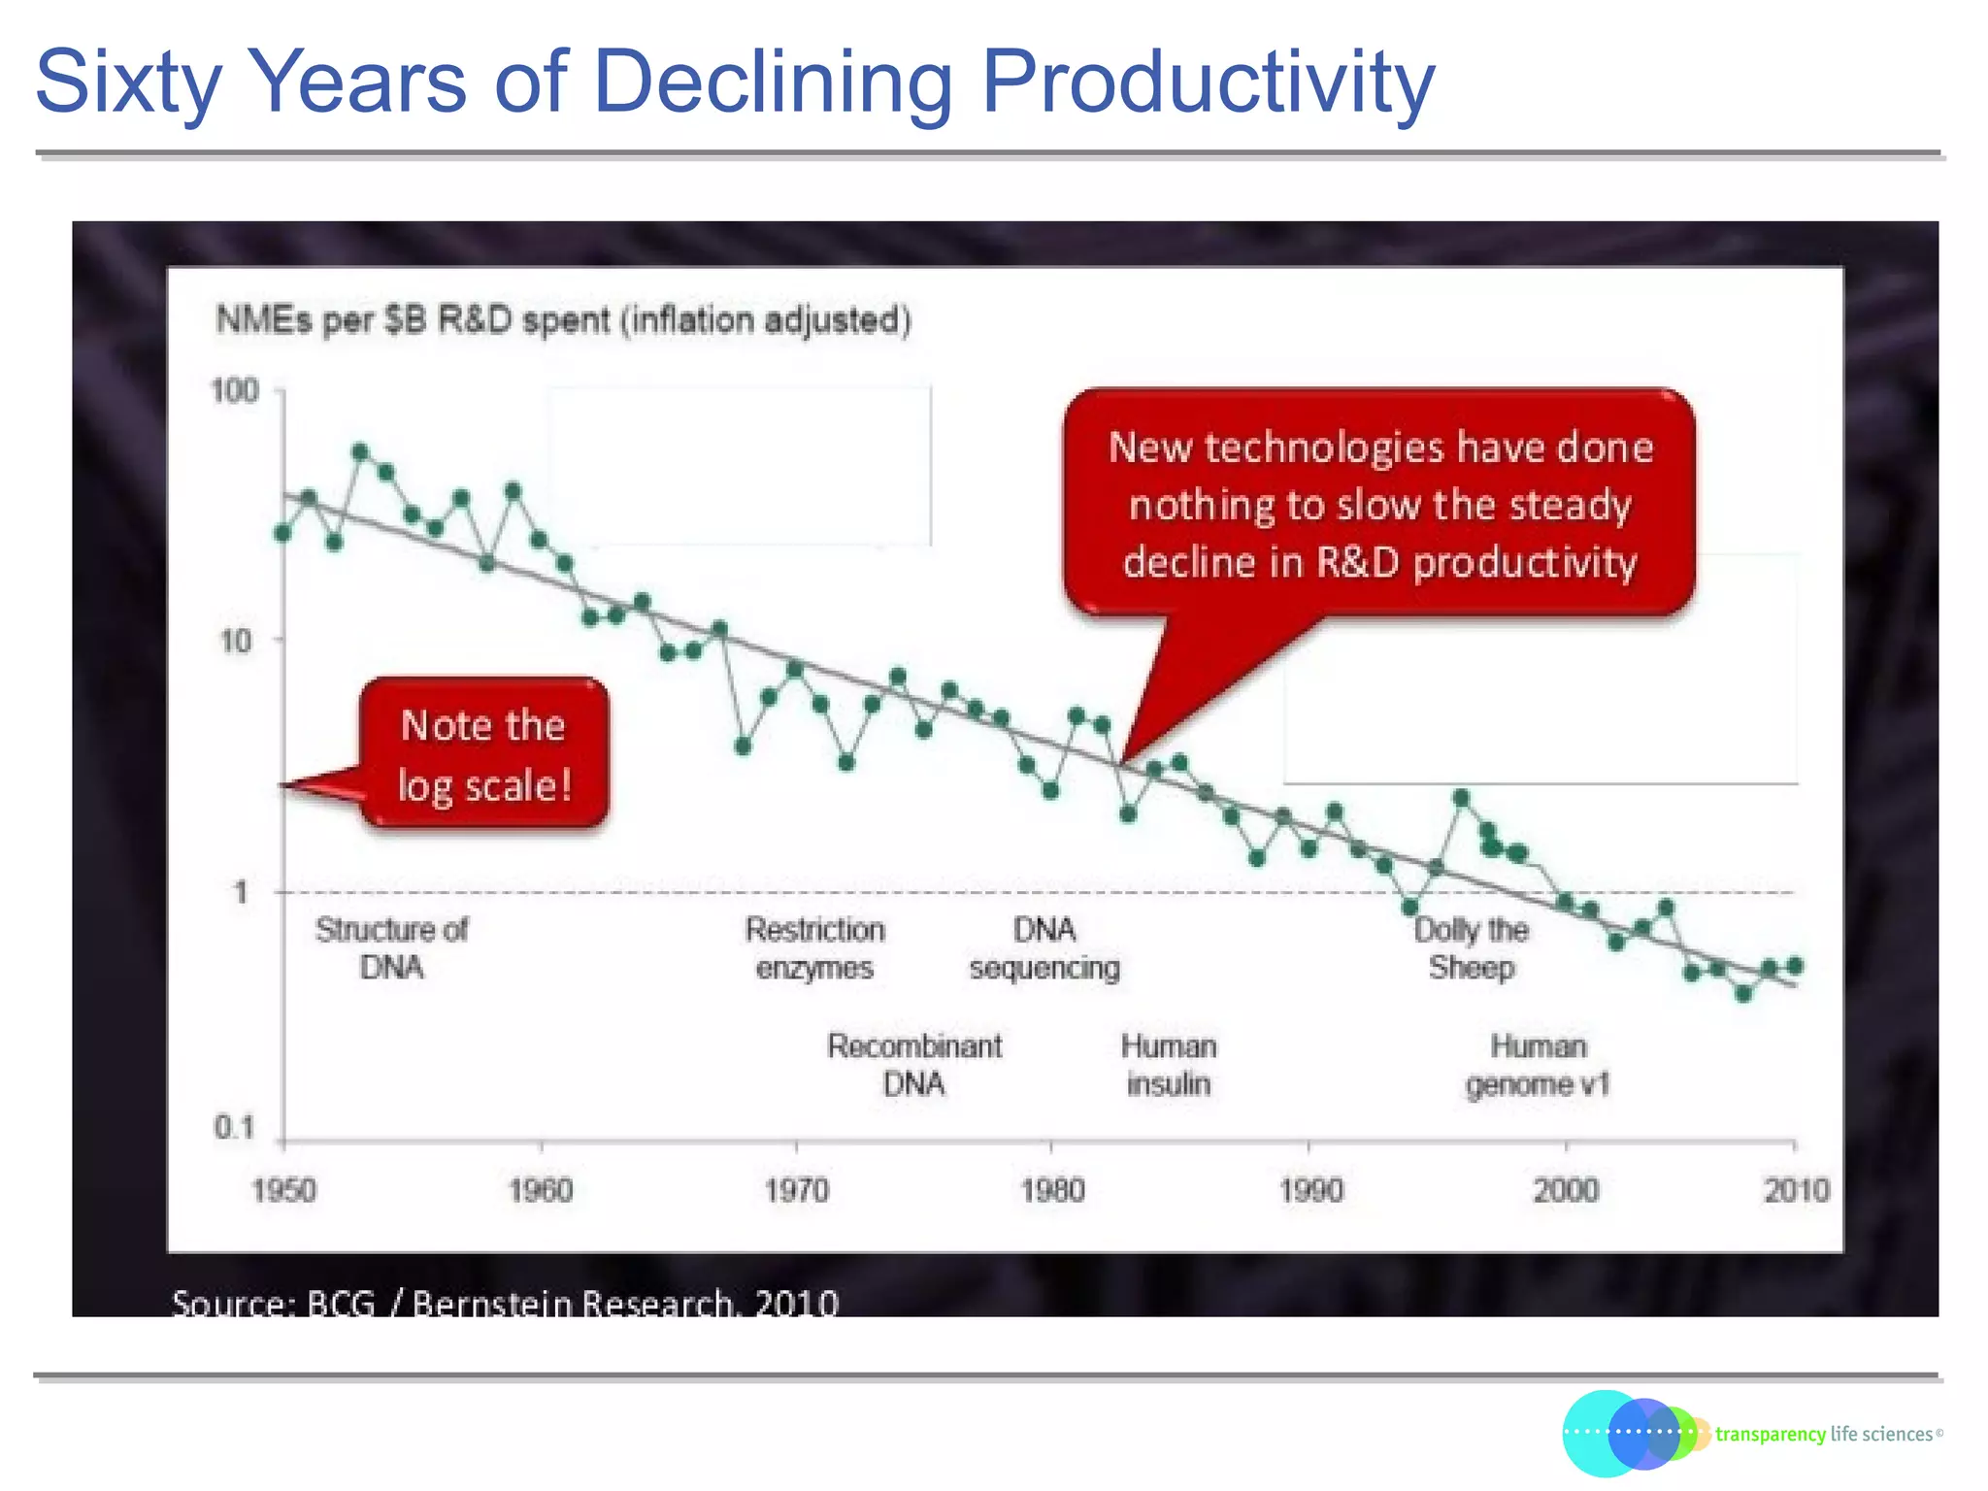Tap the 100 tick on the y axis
click(x=235, y=391)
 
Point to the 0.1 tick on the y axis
click(x=234, y=1128)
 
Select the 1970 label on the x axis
click(x=796, y=1190)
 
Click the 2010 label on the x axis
click(x=1796, y=1190)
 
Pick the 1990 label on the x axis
click(x=1310, y=1190)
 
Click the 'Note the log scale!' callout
click(x=483, y=754)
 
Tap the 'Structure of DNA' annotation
click(x=391, y=948)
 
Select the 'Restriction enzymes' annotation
click(x=814, y=948)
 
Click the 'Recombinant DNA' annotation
click(x=913, y=1065)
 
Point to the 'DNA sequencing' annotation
click(x=1044, y=948)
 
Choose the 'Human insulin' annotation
click(x=1169, y=1065)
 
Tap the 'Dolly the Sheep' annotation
click(x=1471, y=948)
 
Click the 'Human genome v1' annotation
click(x=1538, y=1065)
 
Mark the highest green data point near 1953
click(x=360, y=451)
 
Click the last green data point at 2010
click(x=1795, y=966)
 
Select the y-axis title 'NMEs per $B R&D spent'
click(x=563, y=319)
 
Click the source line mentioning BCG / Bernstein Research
click(x=505, y=1302)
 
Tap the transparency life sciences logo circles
click(x=1631, y=1433)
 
